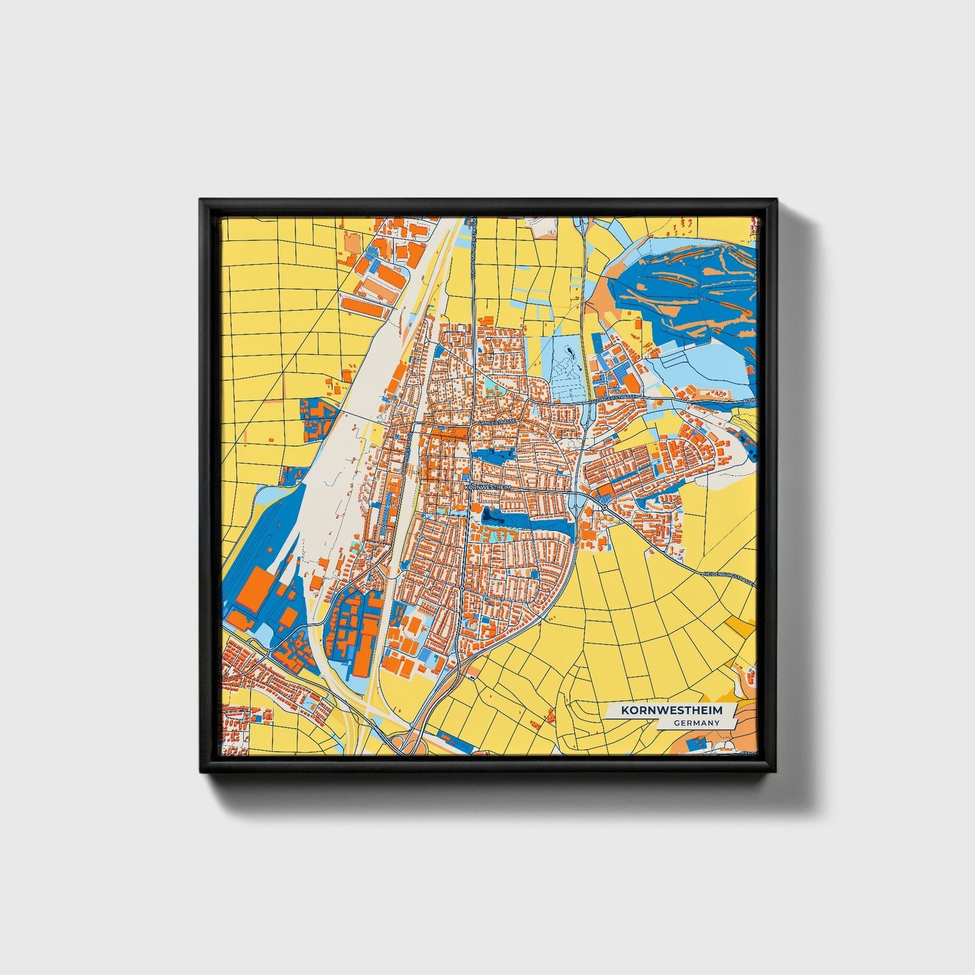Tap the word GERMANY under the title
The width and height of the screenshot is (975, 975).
click(x=696, y=723)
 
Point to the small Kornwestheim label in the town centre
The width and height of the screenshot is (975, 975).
click(x=484, y=486)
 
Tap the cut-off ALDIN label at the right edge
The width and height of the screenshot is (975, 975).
click(x=749, y=401)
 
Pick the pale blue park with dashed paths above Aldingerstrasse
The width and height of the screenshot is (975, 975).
click(x=565, y=368)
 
